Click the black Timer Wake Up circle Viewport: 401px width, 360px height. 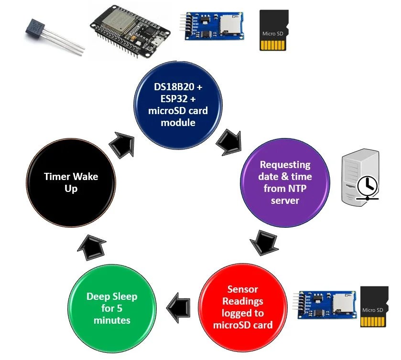(x=71, y=182)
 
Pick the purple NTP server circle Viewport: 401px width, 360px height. (x=284, y=182)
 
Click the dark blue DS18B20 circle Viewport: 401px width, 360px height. (x=178, y=109)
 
